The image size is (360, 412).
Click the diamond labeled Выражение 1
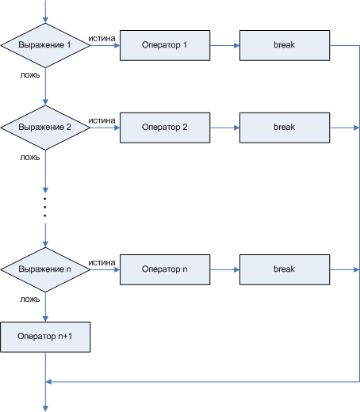pyautogui.click(x=45, y=45)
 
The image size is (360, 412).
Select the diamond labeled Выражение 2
pyautogui.click(x=45, y=128)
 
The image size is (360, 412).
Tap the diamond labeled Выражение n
pyautogui.click(x=45, y=269)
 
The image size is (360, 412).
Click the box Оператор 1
pyautogui.click(x=165, y=45)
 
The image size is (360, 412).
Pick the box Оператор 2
pyautogui.click(x=165, y=128)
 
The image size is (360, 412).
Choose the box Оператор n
pyautogui.click(x=165, y=269)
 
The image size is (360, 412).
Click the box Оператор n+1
pyautogui.click(x=45, y=337)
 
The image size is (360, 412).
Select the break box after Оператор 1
pyautogui.click(x=285, y=45)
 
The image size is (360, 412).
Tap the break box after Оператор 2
pyautogui.click(x=285, y=128)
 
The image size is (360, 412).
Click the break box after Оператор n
pyautogui.click(x=285, y=269)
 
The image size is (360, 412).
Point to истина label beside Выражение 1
pyautogui.click(x=101, y=39)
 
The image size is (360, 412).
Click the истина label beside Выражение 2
pyautogui.click(x=101, y=121)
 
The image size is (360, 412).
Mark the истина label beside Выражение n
pyautogui.click(x=101, y=263)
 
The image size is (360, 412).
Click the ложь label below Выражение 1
pyautogui.click(x=30, y=75)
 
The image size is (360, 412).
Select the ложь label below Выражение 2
pyautogui.click(x=30, y=158)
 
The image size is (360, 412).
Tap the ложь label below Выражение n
pyautogui.click(x=30, y=299)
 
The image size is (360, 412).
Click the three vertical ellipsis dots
pyautogui.click(x=45, y=207)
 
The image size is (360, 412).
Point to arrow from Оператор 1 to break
pyautogui.click(x=225, y=45)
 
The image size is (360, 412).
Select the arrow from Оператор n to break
pyautogui.click(x=225, y=269)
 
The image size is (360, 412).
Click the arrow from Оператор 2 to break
pyautogui.click(x=225, y=128)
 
